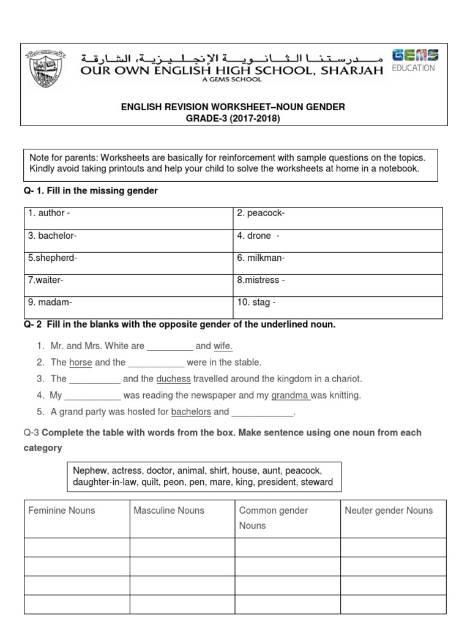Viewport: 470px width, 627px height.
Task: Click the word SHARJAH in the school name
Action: coord(349,70)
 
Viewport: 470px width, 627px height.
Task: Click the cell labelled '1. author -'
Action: coord(128,218)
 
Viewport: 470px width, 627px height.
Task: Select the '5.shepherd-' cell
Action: coord(128,263)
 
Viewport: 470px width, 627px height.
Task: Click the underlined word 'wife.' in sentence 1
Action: coord(223,346)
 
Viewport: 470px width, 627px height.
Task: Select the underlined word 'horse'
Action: coord(80,362)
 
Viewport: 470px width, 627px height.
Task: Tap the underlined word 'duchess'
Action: coord(173,379)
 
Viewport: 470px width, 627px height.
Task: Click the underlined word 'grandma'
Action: coord(290,396)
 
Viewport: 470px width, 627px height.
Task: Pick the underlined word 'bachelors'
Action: coord(190,412)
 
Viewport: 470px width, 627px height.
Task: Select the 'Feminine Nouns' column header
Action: coord(62,511)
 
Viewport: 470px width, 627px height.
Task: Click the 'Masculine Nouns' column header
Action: coord(169,511)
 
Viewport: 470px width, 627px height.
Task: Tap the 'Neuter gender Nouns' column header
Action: coord(389,511)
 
